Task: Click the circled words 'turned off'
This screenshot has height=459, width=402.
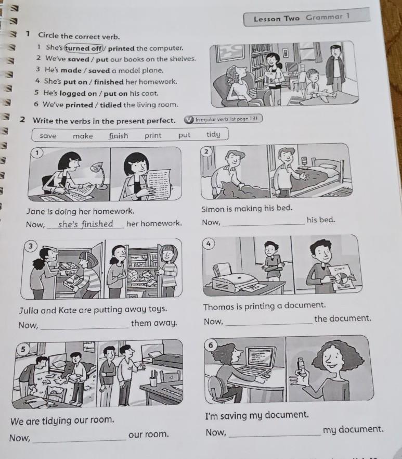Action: coord(84,48)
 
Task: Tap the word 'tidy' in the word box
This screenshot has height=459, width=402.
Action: coord(213,134)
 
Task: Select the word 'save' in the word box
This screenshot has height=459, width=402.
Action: coord(48,136)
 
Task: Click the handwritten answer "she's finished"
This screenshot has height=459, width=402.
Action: coord(85,224)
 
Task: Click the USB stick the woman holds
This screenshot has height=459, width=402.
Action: coord(300,365)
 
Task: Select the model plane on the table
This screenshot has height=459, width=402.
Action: coord(323,96)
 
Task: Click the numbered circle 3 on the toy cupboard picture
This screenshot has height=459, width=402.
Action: coord(30,246)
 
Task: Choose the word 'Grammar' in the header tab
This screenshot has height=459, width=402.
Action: coord(324,17)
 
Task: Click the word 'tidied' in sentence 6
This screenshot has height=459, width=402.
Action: coord(111,105)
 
